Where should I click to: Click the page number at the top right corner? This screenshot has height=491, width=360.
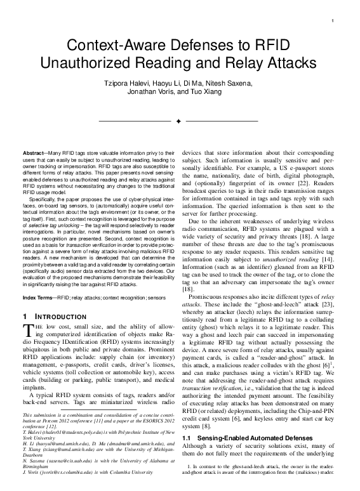click(x=333, y=21)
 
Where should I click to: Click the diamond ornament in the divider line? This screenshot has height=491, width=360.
click(x=179, y=120)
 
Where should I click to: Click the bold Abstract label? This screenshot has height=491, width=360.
click(x=34, y=154)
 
